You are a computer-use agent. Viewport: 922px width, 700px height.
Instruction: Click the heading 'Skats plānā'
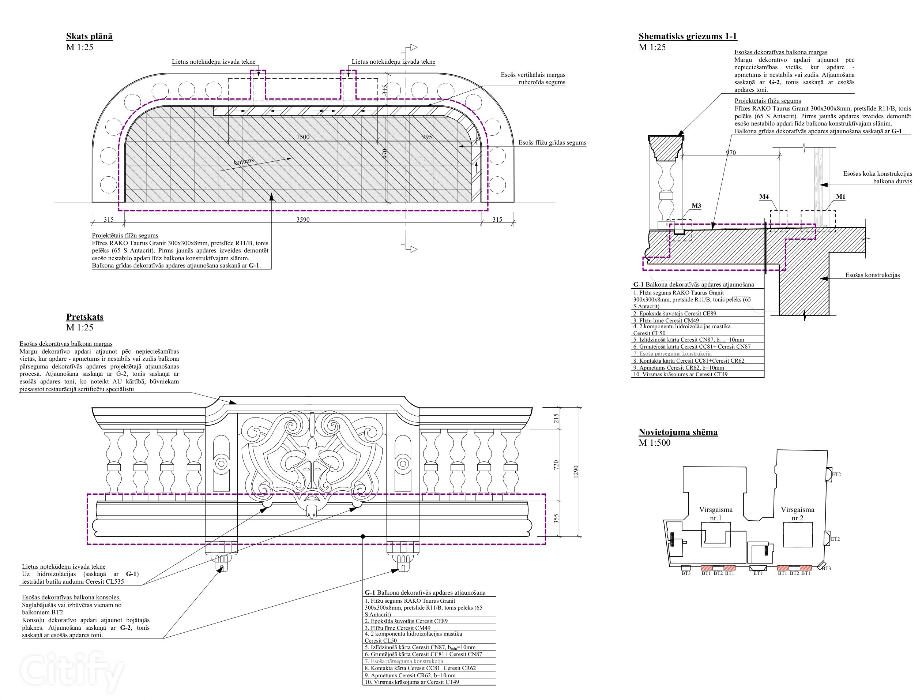[x=89, y=36]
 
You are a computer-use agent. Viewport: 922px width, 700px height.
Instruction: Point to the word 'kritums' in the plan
[x=244, y=161]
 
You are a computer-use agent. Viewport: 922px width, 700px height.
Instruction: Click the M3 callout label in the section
[x=696, y=206]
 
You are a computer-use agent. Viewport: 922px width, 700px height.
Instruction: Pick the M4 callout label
[x=764, y=197]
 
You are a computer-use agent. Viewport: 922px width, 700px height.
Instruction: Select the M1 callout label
[x=840, y=197]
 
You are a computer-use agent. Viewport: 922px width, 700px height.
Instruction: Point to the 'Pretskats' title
[x=84, y=317]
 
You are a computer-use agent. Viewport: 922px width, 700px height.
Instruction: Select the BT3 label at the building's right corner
[x=826, y=568]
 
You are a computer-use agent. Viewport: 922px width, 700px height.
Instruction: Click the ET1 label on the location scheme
[x=757, y=573]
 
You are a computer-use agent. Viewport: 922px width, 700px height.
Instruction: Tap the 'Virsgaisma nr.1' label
[x=716, y=514]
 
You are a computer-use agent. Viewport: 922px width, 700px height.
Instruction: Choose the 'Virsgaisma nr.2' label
[x=797, y=514]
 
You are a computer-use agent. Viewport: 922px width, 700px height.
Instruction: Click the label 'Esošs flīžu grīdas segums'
[x=552, y=143]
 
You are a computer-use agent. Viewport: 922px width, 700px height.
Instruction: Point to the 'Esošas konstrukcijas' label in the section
[x=872, y=275]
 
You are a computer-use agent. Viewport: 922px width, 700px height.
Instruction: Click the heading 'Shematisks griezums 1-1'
[x=687, y=36]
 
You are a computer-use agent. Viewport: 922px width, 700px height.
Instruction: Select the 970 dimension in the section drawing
[x=731, y=153]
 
